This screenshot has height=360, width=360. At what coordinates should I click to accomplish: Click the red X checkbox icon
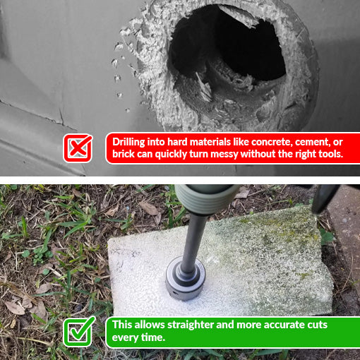coord(78,148)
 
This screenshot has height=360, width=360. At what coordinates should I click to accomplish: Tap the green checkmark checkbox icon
coord(79,332)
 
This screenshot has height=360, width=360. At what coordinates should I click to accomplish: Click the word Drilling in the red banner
coord(128,143)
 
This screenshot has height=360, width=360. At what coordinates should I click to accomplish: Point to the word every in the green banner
coord(125,338)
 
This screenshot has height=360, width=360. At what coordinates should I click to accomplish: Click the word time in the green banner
coord(152,337)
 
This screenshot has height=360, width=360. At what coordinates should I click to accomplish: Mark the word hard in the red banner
coord(178,142)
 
